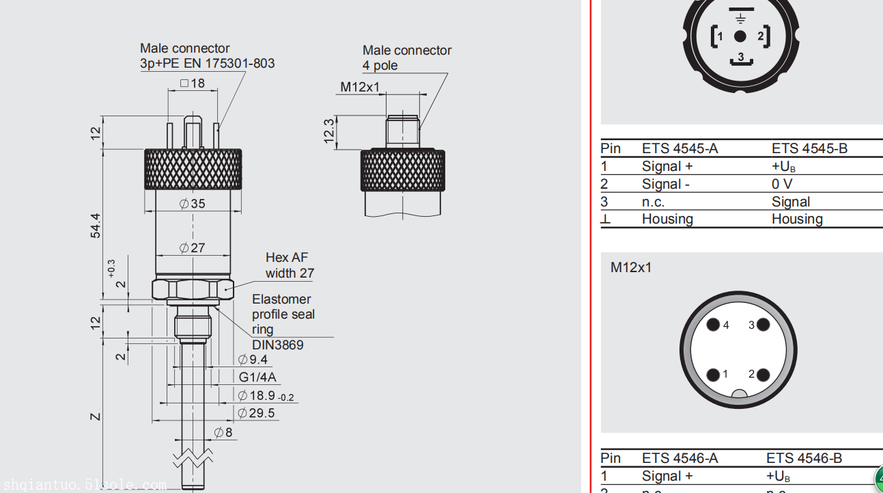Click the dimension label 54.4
96,226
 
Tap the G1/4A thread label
257,377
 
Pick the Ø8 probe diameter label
223,432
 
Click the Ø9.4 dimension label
253,360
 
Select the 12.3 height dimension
329,131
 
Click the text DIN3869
278,345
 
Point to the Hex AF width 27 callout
290,265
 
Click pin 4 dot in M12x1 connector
713,325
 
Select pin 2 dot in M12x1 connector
763,375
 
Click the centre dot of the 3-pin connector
740,36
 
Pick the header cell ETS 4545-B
809,148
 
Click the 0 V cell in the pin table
782,184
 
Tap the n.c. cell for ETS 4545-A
653,202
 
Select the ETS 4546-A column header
679,458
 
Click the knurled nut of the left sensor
193,169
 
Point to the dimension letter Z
96,416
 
